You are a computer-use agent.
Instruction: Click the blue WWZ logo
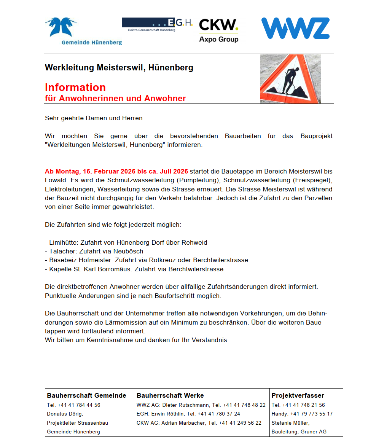pyautogui.click(x=295, y=28)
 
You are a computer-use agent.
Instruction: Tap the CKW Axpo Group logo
pyautogui.click(x=219, y=30)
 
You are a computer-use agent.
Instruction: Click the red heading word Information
pyautogui.click(x=75, y=88)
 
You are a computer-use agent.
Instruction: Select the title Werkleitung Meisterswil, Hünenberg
pyautogui.click(x=119, y=68)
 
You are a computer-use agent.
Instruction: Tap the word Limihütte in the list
pyautogui.click(x=62, y=242)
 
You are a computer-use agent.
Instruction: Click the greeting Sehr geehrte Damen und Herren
pyautogui.click(x=94, y=118)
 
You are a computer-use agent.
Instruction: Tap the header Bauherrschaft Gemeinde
pyautogui.click(x=86, y=395)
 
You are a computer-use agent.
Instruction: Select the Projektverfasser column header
pyautogui.click(x=298, y=395)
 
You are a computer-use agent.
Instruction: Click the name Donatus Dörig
pyautogui.click(x=64, y=414)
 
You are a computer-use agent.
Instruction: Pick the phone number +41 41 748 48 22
pyautogui.click(x=244, y=405)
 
